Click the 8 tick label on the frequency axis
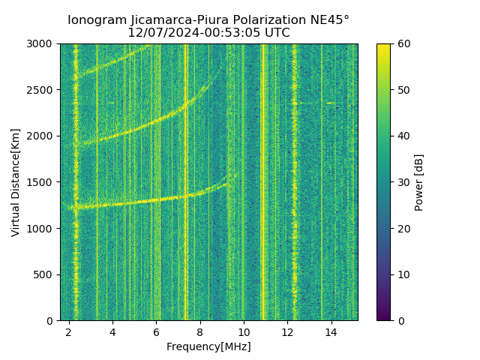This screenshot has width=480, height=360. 200,331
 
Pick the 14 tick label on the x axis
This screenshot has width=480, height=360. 331,331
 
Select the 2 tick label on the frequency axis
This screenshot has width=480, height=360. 69,331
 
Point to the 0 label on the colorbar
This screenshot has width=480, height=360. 399,320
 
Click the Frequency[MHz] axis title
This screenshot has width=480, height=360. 208,346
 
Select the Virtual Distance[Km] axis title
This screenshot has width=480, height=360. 16,182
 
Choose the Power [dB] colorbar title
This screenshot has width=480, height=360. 419,182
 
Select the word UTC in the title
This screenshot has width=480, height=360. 275,33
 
